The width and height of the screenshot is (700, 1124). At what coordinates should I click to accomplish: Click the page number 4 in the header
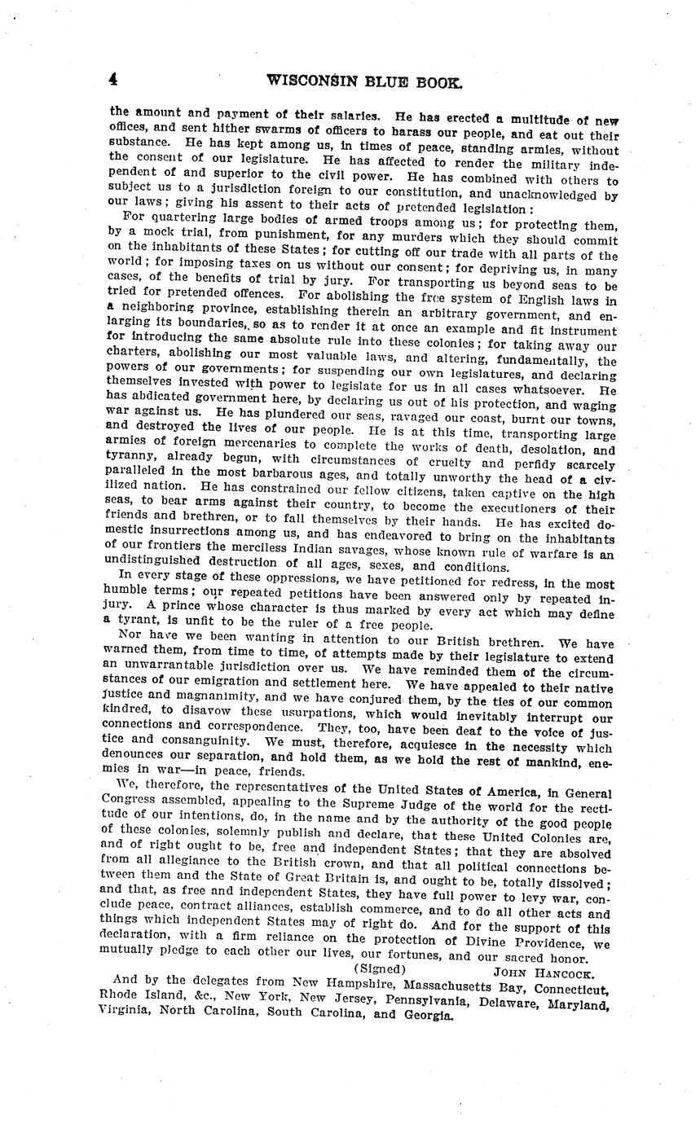click(114, 79)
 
